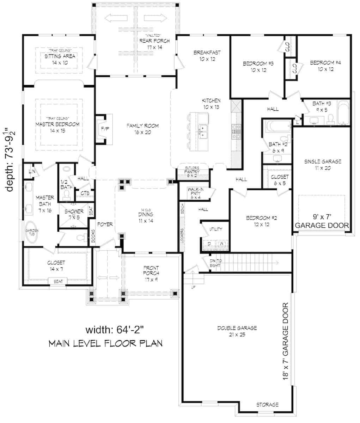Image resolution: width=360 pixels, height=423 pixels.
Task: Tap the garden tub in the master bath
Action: [x=32, y=233]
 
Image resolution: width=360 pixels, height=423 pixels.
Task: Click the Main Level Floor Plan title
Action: [x=105, y=343]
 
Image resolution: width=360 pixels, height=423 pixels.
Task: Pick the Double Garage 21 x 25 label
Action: [x=237, y=331]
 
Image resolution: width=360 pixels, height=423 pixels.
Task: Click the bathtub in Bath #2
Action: [x=277, y=126]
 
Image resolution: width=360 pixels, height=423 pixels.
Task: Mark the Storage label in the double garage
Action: [x=267, y=404]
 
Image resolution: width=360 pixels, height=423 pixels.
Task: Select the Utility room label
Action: [x=215, y=229]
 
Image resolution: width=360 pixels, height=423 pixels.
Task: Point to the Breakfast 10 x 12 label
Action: [x=207, y=56]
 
